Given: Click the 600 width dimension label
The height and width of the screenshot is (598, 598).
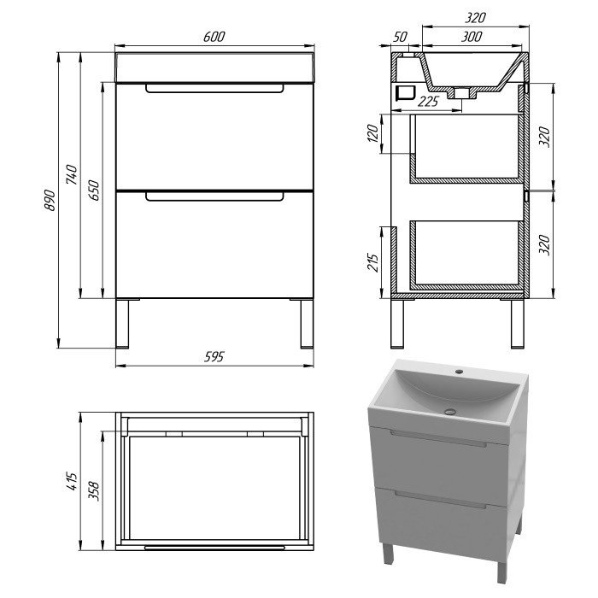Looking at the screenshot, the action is [214, 37].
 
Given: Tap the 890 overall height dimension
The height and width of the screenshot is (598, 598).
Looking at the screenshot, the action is [50, 200].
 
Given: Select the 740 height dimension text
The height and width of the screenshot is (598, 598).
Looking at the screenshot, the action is [72, 174].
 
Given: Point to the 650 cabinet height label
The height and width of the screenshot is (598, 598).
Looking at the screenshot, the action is [94, 191].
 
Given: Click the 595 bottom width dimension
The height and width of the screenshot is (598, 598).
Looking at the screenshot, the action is [214, 356].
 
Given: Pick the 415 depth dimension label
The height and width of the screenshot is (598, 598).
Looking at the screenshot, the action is [72, 481].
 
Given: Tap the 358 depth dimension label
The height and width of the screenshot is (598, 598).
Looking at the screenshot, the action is [94, 491].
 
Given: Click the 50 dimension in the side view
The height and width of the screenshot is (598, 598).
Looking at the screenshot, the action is [400, 37].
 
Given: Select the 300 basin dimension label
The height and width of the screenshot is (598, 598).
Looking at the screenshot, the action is [472, 37].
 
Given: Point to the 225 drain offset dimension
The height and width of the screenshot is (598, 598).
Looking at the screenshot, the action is [429, 102].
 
